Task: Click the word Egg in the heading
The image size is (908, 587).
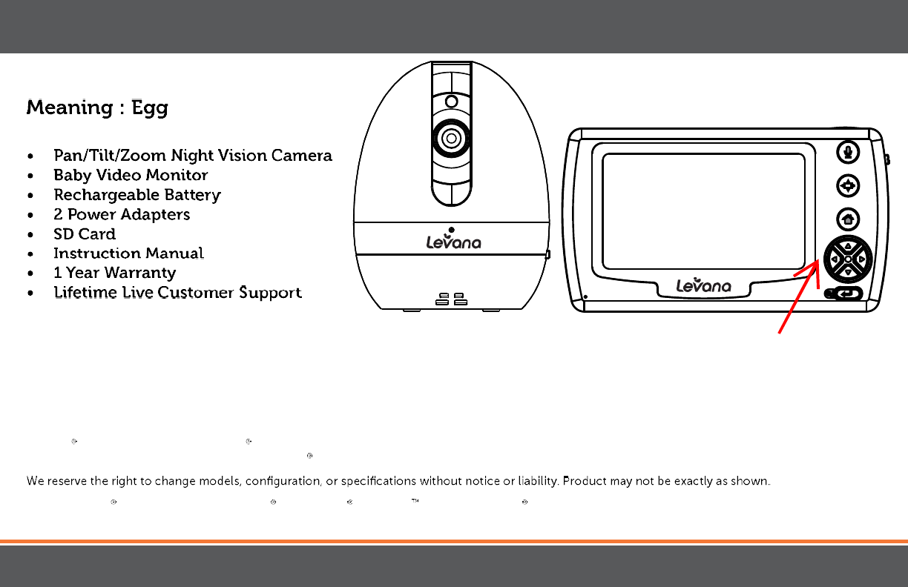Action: [x=150, y=108]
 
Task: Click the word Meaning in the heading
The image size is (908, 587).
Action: [x=70, y=107]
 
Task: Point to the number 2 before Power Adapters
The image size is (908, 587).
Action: [x=58, y=214]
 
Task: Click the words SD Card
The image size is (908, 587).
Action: [x=85, y=233]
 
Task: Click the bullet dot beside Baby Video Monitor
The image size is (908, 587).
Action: [x=29, y=176]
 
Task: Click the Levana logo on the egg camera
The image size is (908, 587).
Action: [x=453, y=241]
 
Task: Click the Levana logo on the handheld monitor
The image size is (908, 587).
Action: [x=703, y=285]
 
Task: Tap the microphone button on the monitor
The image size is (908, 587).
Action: [x=848, y=152]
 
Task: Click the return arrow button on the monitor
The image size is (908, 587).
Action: [x=847, y=294]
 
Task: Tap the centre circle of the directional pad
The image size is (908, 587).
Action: [x=848, y=259]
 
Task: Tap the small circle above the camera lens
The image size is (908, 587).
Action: [x=450, y=102]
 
